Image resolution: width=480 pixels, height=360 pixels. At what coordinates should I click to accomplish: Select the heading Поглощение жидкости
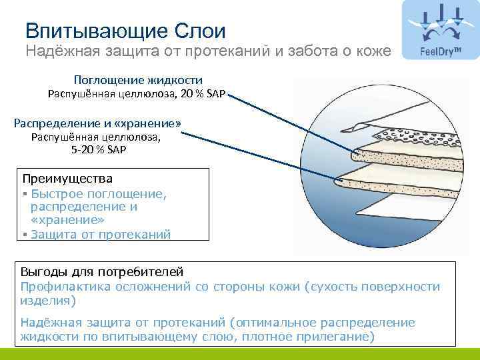pyautogui.click(x=138, y=80)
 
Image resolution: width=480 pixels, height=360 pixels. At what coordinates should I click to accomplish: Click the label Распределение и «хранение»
pyautogui.click(x=97, y=124)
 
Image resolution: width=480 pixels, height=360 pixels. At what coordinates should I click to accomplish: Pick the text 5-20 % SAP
pyautogui.click(x=97, y=150)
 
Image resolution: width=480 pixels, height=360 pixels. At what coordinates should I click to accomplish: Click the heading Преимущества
pyautogui.click(x=67, y=179)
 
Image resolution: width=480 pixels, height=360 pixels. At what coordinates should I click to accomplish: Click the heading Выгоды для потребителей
pyautogui.click(x=101, y=272)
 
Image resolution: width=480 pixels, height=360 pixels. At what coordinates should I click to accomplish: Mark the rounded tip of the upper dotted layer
pyautogui.click(x=355, y=156)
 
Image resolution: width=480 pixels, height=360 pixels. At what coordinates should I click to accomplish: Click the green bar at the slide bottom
pyautogui.click(x=240, y=353)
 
